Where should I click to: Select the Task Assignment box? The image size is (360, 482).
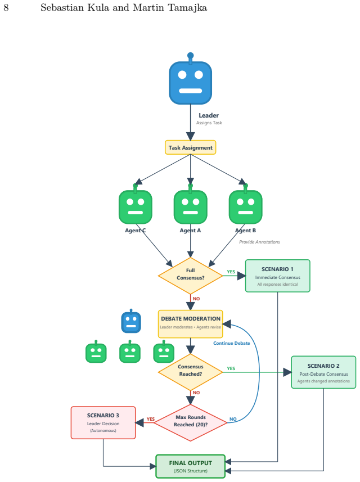(190, 147)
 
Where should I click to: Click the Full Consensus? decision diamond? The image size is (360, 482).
(190, 276)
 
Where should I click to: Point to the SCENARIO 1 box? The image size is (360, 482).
(278, 276)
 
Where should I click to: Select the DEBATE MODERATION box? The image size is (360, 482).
(190, 324)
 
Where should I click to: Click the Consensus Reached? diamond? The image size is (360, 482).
(190, 372)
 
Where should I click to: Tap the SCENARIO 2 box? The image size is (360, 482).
(323, 372)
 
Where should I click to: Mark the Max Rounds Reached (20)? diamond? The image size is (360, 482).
(190, 423)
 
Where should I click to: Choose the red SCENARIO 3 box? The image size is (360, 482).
(103, 423)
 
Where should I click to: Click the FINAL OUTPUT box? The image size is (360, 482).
(190, 466)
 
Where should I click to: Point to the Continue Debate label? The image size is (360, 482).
(232, 343)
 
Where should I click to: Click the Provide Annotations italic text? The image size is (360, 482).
(259, 242)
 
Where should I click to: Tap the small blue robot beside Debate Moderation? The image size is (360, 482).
(131, 321)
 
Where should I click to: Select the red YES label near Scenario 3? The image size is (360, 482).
(151, 419)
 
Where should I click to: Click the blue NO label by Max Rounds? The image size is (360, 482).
(233, 419)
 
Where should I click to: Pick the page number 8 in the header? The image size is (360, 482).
(6, 7)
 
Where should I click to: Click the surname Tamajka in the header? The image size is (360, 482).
(187, 8)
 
